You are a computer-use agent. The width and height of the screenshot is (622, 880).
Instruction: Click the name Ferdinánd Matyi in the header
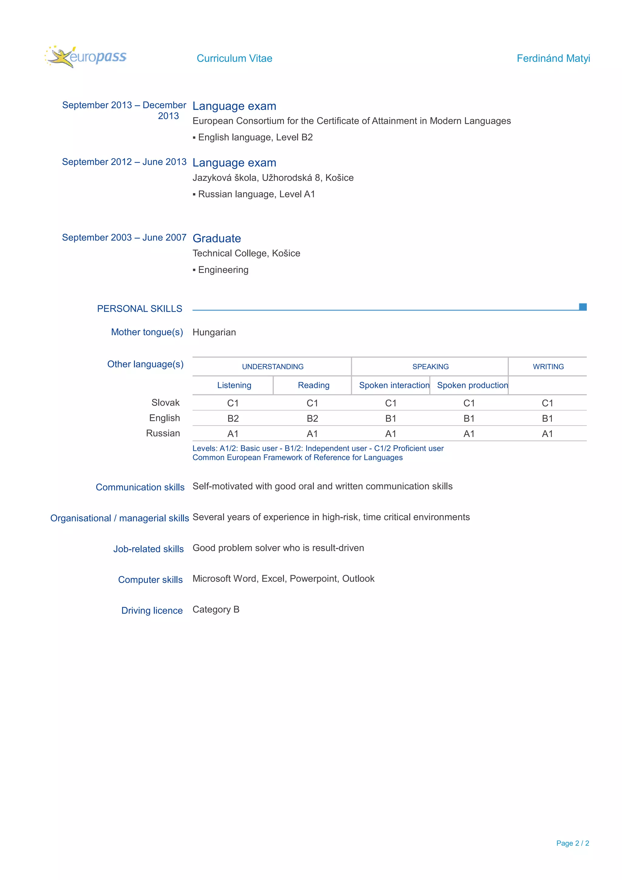pos(553,58)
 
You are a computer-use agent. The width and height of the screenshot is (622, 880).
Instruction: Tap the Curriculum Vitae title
pos(234,58)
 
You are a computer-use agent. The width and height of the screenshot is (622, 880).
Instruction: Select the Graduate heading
pos(217,238)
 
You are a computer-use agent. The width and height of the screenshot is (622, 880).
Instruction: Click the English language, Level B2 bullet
pos(255,137)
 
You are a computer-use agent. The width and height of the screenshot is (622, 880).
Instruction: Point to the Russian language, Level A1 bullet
pos(256,194)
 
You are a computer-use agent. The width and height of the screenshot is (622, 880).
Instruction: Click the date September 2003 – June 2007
pos(124,238)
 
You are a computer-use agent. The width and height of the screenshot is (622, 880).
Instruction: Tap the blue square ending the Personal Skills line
pos(583,307)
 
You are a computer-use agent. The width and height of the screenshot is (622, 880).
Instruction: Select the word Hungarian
pos(214,332)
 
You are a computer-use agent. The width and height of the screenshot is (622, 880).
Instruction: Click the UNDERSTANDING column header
pos(272,367)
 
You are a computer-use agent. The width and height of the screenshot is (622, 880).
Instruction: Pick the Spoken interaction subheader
pos(394,385)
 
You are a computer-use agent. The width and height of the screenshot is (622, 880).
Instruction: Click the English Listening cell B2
pos(233,418)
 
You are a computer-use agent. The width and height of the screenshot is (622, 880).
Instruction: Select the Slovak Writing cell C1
pos(547,403)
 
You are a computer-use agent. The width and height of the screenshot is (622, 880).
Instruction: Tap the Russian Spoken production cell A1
pos(469,434)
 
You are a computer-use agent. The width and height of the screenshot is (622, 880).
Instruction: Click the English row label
pos(164,418)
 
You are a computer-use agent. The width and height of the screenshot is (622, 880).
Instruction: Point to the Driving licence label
pos(152,611)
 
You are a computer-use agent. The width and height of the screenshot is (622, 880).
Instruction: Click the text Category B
pos(216,609)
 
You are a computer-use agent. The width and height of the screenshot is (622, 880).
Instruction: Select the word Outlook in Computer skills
pos(358,579)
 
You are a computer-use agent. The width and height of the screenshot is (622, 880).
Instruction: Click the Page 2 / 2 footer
pos(572,843)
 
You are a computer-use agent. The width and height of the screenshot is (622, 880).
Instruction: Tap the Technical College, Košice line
pos(246,253)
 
